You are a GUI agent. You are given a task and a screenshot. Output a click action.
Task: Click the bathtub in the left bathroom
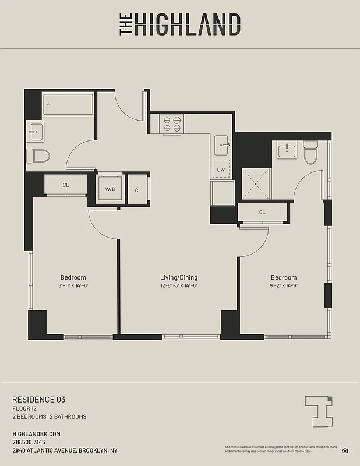(68, 105)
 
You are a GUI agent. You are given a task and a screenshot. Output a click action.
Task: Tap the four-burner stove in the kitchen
(172, 123)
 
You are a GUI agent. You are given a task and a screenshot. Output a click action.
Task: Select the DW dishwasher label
(221, 170)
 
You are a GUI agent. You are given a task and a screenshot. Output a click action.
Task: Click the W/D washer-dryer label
(110, 190)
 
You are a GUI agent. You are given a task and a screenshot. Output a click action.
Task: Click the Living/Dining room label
(179, 277)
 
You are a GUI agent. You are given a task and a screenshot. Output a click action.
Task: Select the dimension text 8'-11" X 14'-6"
(73, 285)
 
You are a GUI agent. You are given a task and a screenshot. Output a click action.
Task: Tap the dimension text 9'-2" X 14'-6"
(284, 285)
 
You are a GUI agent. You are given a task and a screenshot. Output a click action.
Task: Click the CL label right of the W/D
(138, 190)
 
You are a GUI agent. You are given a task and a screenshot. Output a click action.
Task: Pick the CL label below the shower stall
(262, 212)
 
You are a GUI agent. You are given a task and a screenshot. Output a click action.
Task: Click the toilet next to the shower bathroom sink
(310, 153)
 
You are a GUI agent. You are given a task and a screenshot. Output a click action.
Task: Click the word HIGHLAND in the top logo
(187, 24)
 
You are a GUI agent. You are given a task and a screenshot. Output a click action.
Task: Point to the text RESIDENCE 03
(38, 399)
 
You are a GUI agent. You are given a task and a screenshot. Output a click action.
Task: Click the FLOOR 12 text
(26, 408)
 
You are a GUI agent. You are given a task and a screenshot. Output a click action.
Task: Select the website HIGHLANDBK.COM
(36, 434)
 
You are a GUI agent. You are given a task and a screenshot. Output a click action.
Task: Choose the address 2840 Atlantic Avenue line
(65, 450)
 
